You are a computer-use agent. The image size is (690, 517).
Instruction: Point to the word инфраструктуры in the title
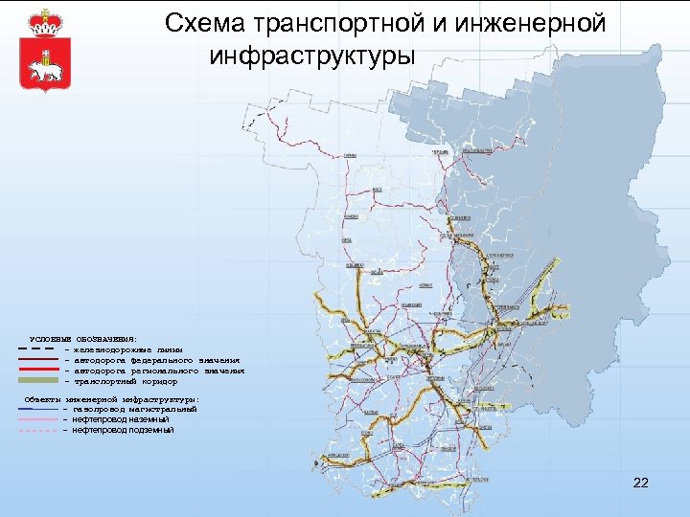pos(312,55)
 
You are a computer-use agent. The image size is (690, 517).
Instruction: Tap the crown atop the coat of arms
pos(40,20)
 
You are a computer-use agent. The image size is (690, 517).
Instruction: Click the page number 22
pos(641,483)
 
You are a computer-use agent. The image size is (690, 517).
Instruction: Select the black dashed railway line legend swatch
pos(37,349)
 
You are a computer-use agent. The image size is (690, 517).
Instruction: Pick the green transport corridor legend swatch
pos(37,380)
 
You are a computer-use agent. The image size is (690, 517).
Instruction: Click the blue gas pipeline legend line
pos(37,409)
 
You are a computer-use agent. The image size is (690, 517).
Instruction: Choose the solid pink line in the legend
pos(37,419)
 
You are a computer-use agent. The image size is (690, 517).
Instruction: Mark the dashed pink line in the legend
pos(37,430)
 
